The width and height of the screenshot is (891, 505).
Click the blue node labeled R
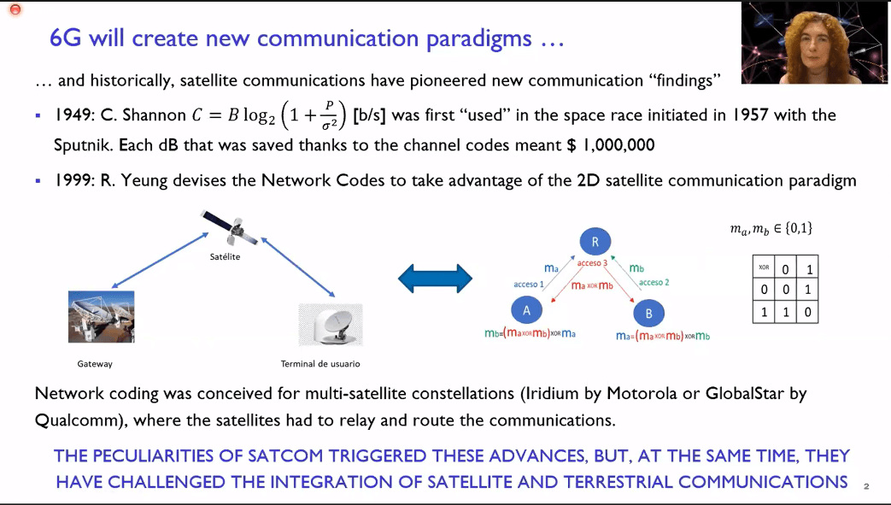pyautogui.click(x=595, y=242)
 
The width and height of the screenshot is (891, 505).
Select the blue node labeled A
pyautogui.click(x=526, y=310)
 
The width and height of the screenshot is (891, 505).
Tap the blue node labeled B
pyautogui.click(x=648, y=314)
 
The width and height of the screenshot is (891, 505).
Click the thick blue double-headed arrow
pyautogui.click(x=436, y=279)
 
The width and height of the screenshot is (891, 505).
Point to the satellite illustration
pyautogui.click(x=230, y=227)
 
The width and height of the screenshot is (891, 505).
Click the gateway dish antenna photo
pyautogui.click(x=101, y=317)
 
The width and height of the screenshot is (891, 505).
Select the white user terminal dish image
pyautogui.click(x=331, y=325)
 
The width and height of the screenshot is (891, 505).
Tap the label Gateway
pyautogui.click(x=95, y=364)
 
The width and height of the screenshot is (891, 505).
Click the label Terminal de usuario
pyautogui.click(x=320, y=364)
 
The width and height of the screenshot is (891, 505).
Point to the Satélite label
pyautogui.click(x=225, y=256)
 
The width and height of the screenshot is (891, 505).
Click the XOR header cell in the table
pyautogui.click(x=764, y=267)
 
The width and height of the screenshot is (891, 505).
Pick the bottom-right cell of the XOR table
pyautogui.click(x=807, y=312)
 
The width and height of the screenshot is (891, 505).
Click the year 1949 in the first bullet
pyautogui.click(x=73, y=115)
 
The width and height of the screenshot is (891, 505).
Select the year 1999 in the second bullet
pyautogui.click(x=73, y=180)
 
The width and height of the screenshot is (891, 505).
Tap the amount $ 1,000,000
pyautogui.click(x=611, y=145)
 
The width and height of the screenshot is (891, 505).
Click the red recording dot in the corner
pyautogui.click(x=15, y=9)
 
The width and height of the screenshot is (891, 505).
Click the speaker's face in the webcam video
pyautogui.click(x=817, y=49)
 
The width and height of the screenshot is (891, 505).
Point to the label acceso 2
pyautogui.click(x=654, y=282)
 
